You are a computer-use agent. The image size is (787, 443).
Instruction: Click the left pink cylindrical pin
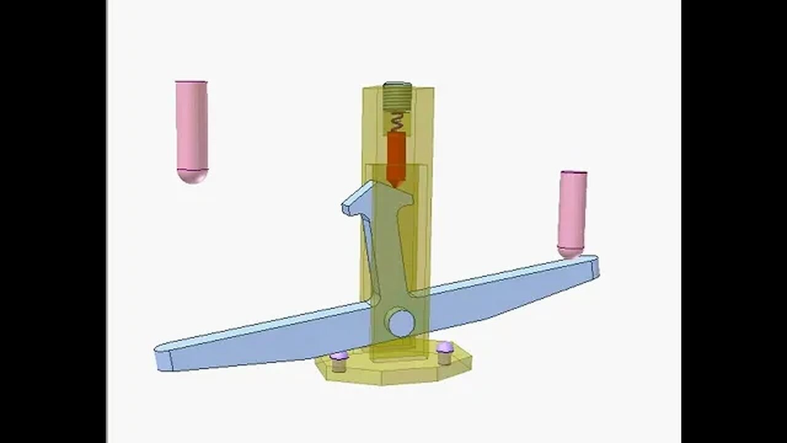click(191, 126)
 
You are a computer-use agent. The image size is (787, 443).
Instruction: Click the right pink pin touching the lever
click(572, 209)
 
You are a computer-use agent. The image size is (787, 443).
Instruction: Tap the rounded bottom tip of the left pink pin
click(192, 177)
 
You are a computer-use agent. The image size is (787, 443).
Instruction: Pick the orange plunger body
click(397, 154)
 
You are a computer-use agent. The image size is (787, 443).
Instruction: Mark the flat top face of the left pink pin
click(191, 82)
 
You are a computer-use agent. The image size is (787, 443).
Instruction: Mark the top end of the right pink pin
click(573, 173)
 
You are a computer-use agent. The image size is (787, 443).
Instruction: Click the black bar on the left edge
click(53, 221)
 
